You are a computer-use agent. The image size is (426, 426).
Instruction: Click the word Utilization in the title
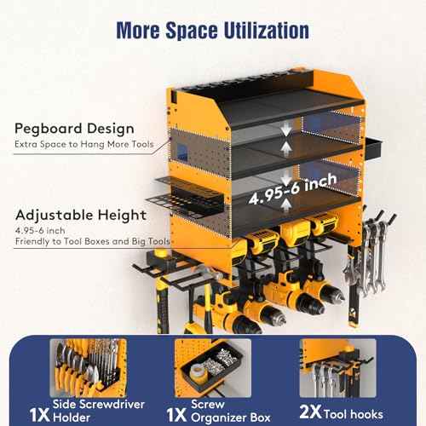(267, 31)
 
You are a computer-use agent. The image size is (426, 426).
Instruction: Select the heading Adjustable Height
(81, 215)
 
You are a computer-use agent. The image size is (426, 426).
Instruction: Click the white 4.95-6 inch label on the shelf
(292, 188)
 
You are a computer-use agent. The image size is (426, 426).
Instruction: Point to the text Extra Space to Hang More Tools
(84, 144)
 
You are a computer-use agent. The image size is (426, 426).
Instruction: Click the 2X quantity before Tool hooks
(310, 412)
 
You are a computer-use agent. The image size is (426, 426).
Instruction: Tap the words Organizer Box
(231, 417)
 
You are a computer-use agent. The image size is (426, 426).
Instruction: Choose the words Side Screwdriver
(99, 404)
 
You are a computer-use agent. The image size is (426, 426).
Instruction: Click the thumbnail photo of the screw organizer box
(213, 368)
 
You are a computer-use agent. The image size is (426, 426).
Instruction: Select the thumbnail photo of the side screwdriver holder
(89, 368)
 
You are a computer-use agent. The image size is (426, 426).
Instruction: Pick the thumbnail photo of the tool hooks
(338, 368)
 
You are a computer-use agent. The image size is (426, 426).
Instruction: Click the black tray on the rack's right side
(373, 148)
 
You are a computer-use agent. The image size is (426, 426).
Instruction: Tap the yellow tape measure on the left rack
(160, 256)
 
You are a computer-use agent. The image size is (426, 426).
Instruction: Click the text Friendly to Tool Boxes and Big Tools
(93, 241)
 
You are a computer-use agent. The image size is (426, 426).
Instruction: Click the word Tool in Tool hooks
(335, 414)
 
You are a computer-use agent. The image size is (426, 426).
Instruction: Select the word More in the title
(138, 31)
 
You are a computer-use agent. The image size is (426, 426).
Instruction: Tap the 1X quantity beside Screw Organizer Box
(176, 415)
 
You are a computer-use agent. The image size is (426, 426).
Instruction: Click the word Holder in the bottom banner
(72, 417)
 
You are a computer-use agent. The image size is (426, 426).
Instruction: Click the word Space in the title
(192, 31)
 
